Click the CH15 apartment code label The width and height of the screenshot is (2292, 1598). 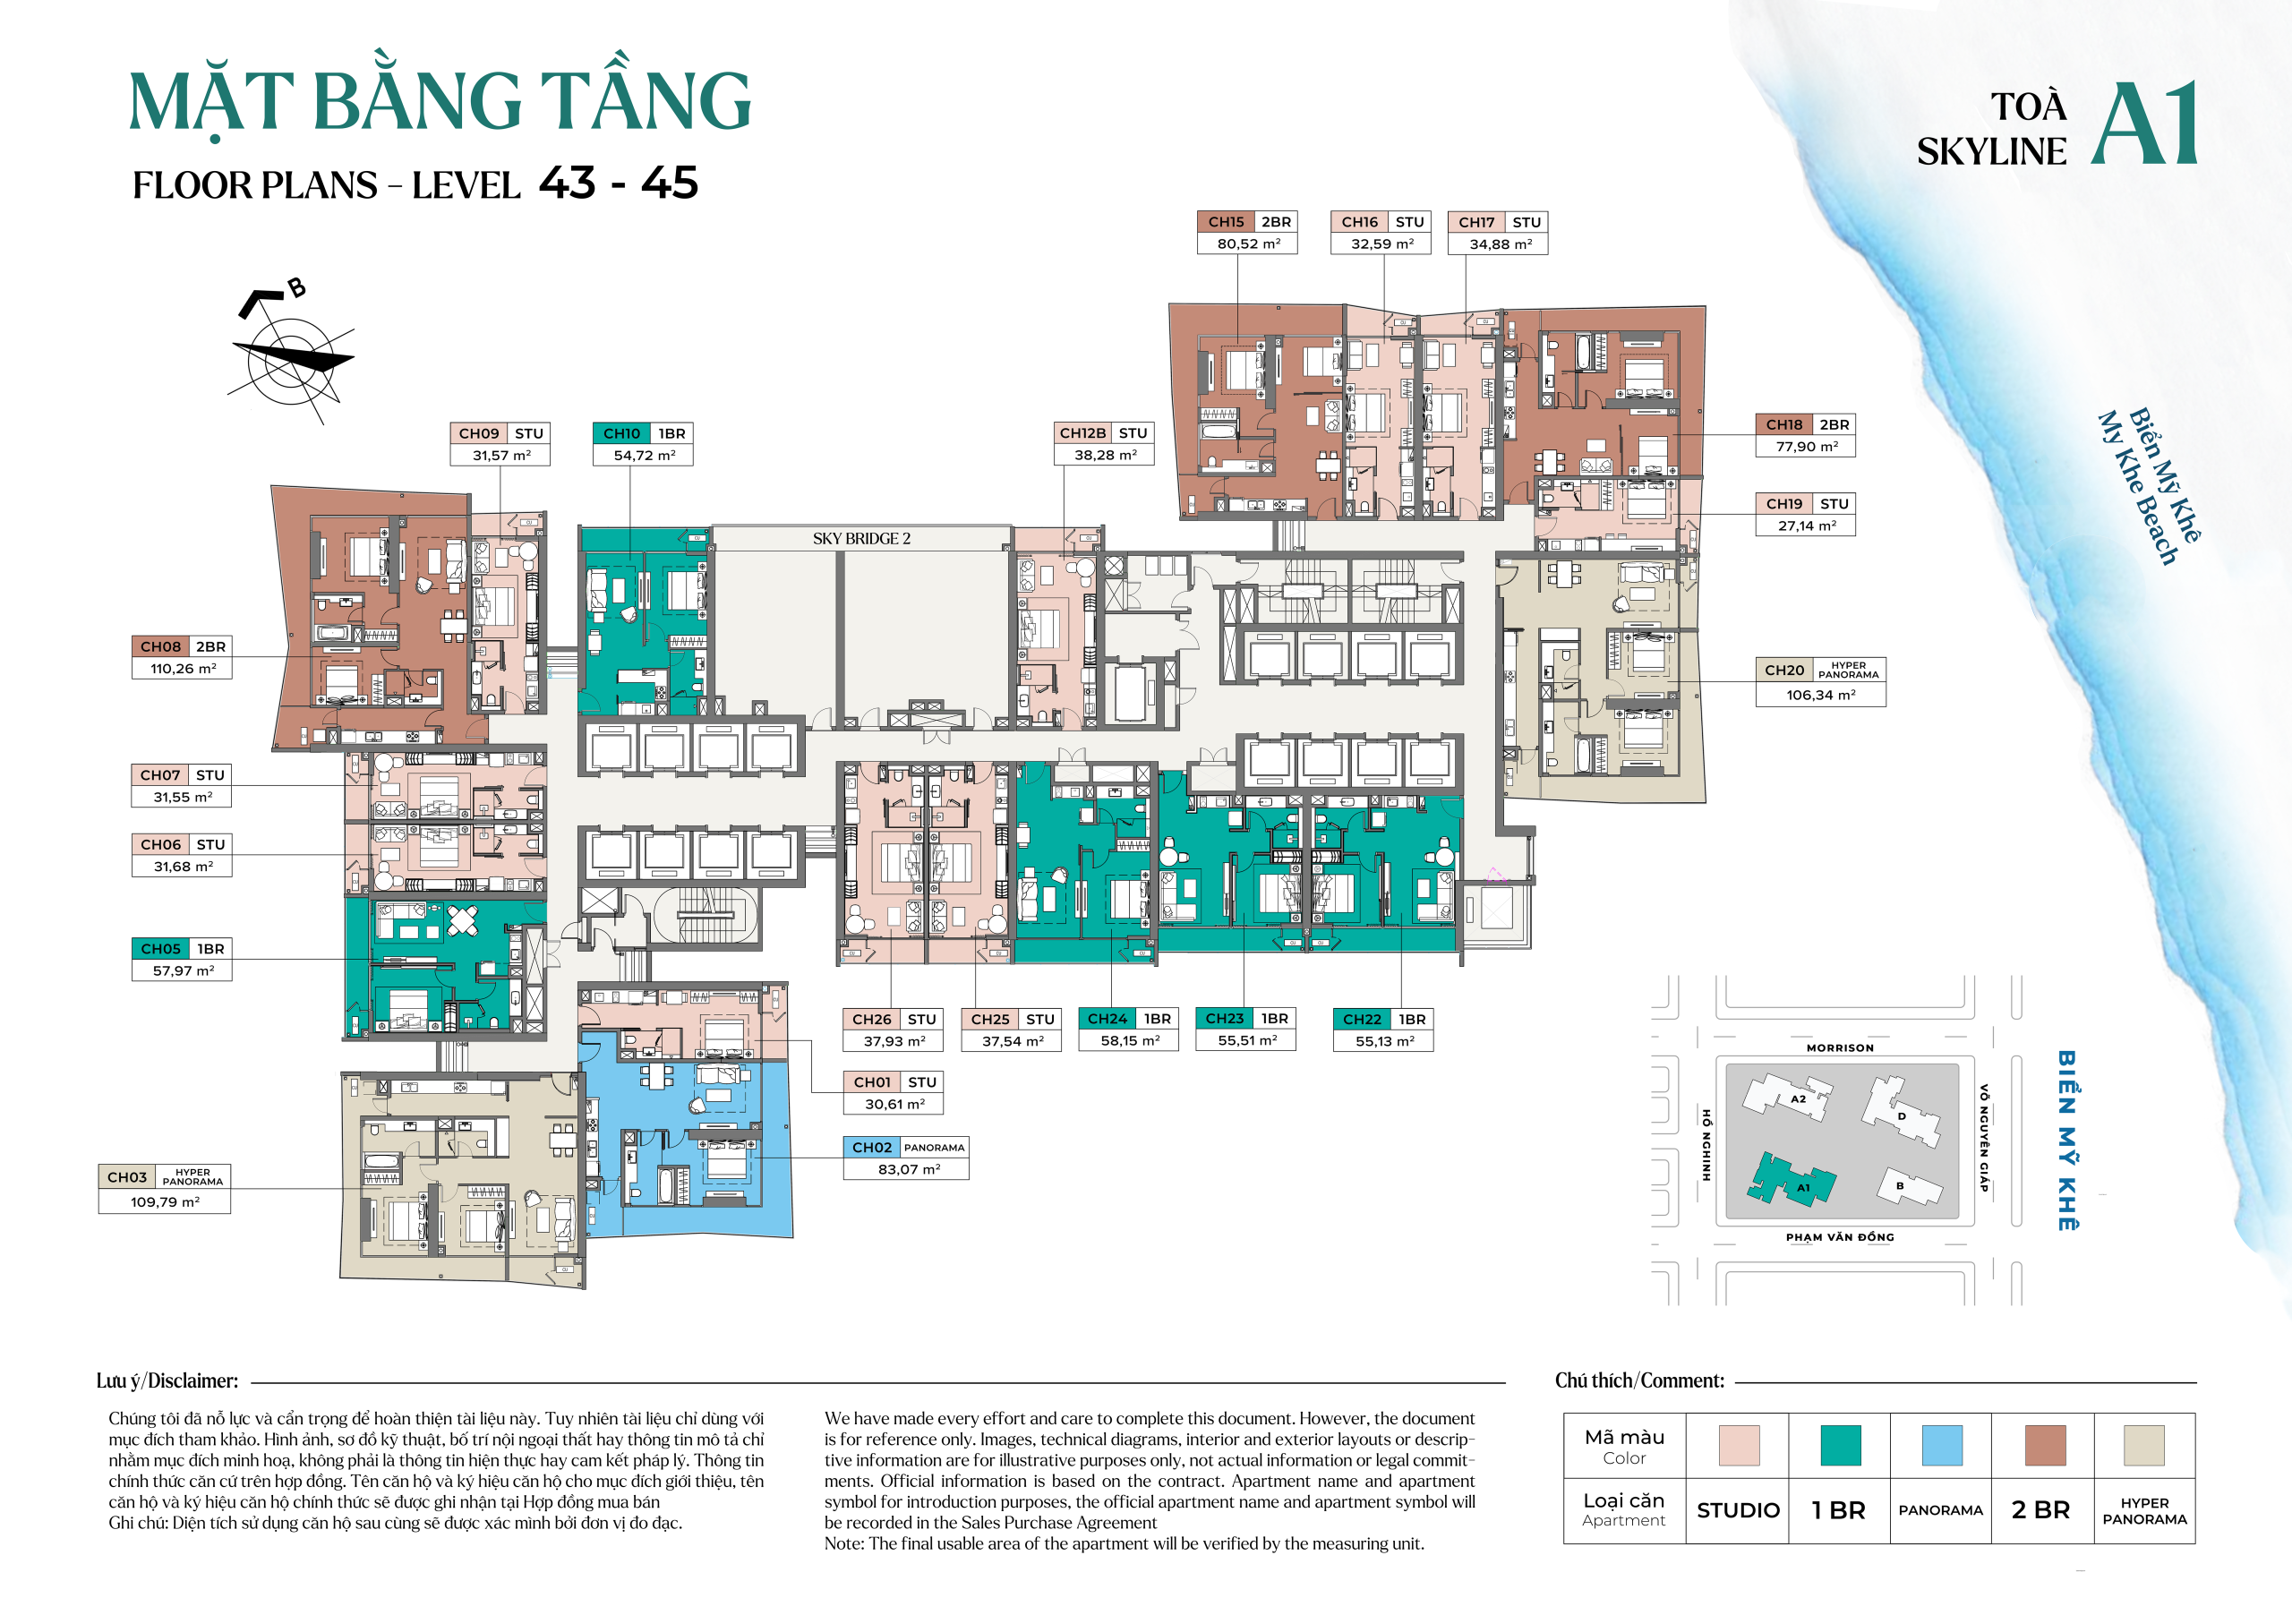1225,222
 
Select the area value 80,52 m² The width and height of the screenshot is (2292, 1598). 1248,244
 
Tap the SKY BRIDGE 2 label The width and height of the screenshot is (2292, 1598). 860,539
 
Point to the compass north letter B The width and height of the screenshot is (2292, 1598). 296,288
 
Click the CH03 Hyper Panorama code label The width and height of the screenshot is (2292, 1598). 127,1177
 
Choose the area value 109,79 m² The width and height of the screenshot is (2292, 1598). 165,1201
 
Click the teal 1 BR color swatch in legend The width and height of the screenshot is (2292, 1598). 1840,1444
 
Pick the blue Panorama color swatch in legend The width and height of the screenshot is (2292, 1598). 1942,1444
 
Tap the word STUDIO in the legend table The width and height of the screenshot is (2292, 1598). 1738,1510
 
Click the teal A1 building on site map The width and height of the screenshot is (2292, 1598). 1792,1181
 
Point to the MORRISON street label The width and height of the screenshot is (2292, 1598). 1840,1048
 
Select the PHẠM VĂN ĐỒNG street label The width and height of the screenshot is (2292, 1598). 1840,1236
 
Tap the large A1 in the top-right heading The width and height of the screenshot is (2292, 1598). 2144,124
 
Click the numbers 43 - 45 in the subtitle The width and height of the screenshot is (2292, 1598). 618,184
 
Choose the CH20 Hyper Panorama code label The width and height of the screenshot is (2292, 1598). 1783,670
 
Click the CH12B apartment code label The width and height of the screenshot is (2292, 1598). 1082,433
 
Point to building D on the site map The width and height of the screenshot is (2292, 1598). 1902,1115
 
